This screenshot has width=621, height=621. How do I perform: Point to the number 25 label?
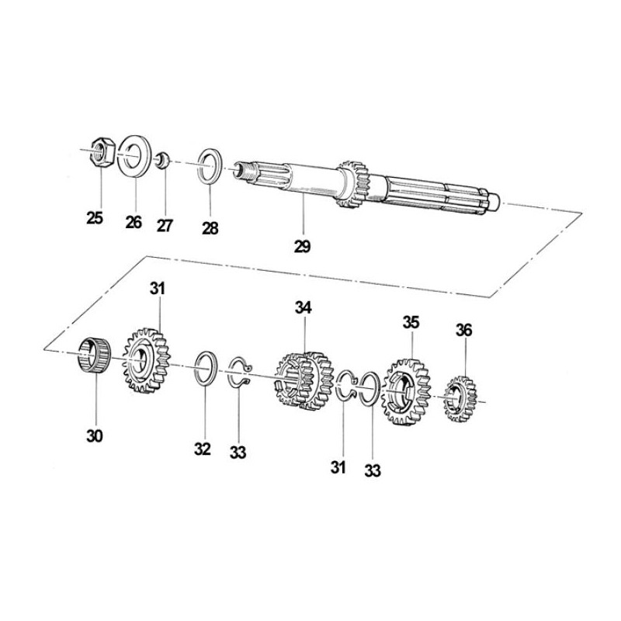95,218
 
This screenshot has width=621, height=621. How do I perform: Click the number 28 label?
210,228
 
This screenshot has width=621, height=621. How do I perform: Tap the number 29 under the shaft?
302,246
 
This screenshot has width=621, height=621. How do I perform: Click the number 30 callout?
95,436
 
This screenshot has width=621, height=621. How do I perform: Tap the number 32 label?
203,449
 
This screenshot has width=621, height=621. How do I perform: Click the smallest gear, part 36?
460,399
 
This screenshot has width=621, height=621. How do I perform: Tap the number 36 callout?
463,330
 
